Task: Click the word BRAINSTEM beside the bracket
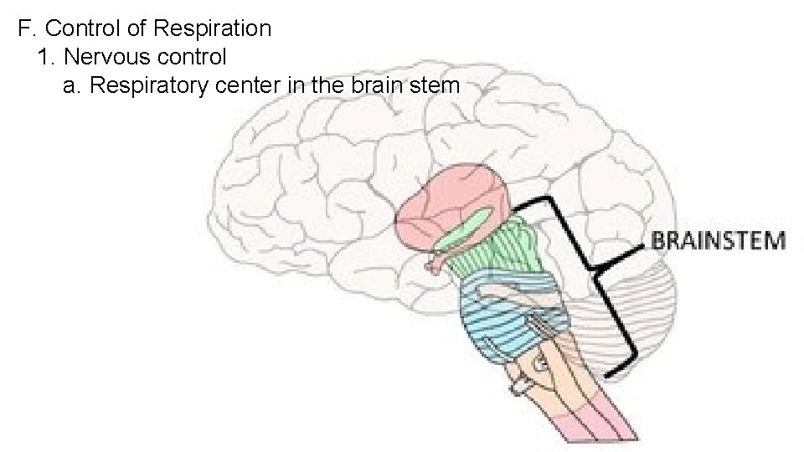pyautogui.click(x=719, y=241)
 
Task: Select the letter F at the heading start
pyautogui.click(x=23, y=28)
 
